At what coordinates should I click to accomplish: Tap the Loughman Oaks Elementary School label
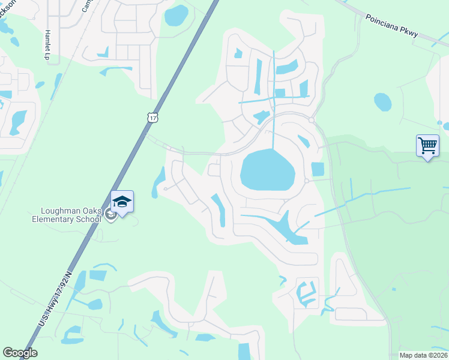pyautogui.click(x=70, y=215)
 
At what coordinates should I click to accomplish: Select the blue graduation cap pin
pyautogui.click(x=122, y=202)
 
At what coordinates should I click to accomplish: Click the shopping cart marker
pyautogui.click(x=427, y=146)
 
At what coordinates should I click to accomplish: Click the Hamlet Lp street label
pyautogui.click(x=47, y=44)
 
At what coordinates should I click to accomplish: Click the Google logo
pyautogui.click(x=20, y=353)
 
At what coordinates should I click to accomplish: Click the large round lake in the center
pyautogui.click(x=268, y=170)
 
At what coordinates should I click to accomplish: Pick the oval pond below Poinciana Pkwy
pyautogui.click(x=382, y=102)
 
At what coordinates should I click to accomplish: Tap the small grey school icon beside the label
pyautogui.click(x=110, y=215)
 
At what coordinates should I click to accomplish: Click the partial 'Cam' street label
pyautogui.click(x=88, y=6)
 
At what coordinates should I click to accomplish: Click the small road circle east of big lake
pyautogui.click(x=306, y=181)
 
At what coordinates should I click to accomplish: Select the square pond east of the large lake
pyautogui.click(x=318, y=170)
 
